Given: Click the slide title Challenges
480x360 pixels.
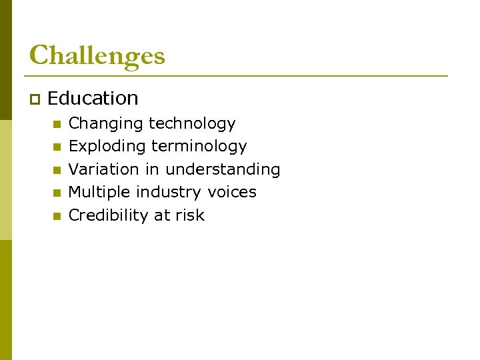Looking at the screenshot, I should point(97,55).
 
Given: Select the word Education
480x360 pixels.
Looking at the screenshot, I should point(93,99).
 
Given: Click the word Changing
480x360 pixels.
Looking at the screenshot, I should point(106,124).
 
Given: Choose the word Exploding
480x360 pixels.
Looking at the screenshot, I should point(107,147).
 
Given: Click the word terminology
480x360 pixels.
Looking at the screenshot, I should point(199,147).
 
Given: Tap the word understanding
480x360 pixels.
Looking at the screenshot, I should point(223,169).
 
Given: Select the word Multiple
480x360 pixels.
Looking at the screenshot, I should point(100,192).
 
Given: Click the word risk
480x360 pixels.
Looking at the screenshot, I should point(190,215).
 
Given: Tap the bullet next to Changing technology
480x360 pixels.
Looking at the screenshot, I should point(57,124).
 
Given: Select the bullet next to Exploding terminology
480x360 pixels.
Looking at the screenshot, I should point(57,147).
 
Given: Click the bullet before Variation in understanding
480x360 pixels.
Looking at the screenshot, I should point(57,170).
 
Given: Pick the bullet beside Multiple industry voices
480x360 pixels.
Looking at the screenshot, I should point(57,193).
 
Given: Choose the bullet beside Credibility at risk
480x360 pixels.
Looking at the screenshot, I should point(57,216).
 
